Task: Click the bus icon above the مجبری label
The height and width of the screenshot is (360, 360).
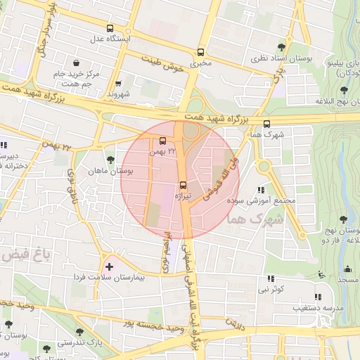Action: [201, 53]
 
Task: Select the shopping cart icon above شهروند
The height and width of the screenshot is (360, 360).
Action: [117, 83]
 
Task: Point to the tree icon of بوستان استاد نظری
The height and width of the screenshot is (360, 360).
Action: [282, 46]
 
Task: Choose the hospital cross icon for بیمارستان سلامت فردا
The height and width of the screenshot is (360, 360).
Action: [108, 267]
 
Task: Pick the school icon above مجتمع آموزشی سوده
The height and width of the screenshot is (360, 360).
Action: [262, 190]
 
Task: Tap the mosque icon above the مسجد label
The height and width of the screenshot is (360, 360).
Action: [343, 269]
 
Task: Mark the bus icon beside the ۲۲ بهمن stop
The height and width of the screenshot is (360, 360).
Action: [163, 141]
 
